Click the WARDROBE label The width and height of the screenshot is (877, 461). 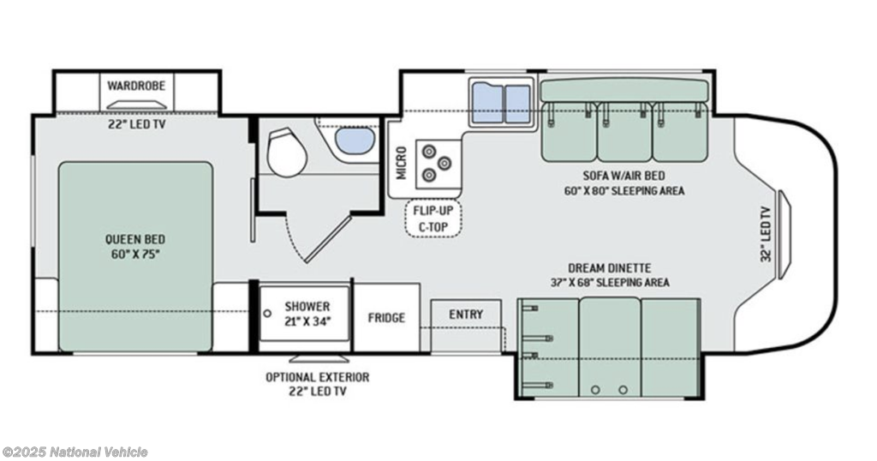click(x=136, y=86)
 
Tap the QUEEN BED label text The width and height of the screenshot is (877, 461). click(x=135, y=239)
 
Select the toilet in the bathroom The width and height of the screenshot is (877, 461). click(x=287, y=152)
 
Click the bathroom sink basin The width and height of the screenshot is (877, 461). click(x=355, y=140)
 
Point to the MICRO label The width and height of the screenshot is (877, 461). click(x=401, y=163)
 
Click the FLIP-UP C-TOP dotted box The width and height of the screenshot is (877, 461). click(x=434, y=219)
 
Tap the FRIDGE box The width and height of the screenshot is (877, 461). click(x=386, y=317)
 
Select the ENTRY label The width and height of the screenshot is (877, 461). click(x=466, y=314)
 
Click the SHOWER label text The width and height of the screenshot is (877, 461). click(x=307, y=307)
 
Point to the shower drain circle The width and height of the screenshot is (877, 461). click(x=268, y=314)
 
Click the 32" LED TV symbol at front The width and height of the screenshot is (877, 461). click(x=784, y=234)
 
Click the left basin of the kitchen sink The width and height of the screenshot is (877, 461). click(x=487, y=103)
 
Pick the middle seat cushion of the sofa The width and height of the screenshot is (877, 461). click(x=624, y=132)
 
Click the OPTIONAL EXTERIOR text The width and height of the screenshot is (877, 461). click(x=318, y=377)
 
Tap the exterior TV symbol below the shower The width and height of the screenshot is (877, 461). click(x=317, y=358)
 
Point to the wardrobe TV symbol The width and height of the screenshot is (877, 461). click(x=137, y=105)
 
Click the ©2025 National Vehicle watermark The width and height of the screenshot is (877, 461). click(x=75, y=452)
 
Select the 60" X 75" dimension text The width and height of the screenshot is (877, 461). click(x=135, y=254)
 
